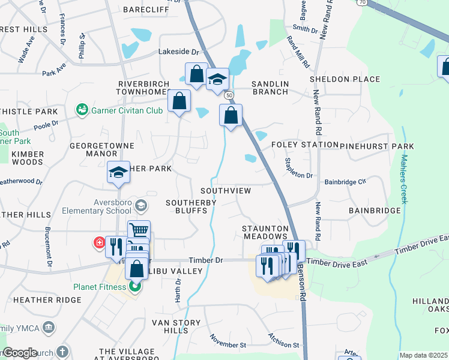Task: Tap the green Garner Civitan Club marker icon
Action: [81, 110]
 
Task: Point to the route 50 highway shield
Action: [229, 95]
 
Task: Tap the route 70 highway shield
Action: [361, 2]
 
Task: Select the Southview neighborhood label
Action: [225, 190]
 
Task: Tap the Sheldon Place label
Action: [345, 79]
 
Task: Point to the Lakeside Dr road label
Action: [178, 52]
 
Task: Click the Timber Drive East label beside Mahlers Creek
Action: [421, 247]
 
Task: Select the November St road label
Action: [228, 341]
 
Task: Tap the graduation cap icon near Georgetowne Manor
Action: [119, 173]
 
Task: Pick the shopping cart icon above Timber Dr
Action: [139, 230]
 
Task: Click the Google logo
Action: [19, 353]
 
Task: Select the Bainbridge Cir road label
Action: [345, 181]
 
